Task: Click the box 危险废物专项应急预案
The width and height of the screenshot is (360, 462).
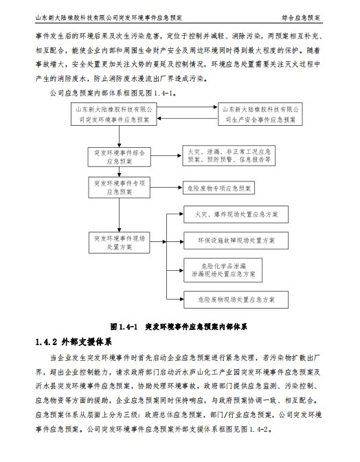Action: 218,188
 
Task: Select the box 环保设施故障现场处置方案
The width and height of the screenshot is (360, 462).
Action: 236,241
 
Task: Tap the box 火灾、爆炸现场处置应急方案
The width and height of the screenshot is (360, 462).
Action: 236,214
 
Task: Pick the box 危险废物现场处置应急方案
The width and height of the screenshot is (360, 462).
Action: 236,300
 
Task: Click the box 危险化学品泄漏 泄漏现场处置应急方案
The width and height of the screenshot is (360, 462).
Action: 223,270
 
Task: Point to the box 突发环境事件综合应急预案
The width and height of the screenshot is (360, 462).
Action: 120,157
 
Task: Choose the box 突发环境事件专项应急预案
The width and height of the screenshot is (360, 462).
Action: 120,188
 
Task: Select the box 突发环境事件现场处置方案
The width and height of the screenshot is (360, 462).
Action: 120,243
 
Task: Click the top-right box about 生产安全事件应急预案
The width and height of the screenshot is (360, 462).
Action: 260,114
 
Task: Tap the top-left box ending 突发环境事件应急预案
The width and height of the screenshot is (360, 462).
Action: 114,114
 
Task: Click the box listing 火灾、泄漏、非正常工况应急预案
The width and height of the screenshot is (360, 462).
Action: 229,155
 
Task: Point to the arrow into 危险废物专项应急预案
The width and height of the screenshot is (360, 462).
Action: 167,188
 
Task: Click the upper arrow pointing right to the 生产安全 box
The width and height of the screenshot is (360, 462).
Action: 188,107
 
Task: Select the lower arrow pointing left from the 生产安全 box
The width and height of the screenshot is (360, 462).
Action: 188,118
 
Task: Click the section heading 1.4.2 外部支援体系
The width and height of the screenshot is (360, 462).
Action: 74,342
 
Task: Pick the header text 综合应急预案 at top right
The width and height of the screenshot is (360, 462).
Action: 301,18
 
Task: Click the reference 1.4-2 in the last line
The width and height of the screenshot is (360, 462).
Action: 259,429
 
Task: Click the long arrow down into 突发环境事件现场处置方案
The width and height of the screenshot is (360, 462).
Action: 120,214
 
